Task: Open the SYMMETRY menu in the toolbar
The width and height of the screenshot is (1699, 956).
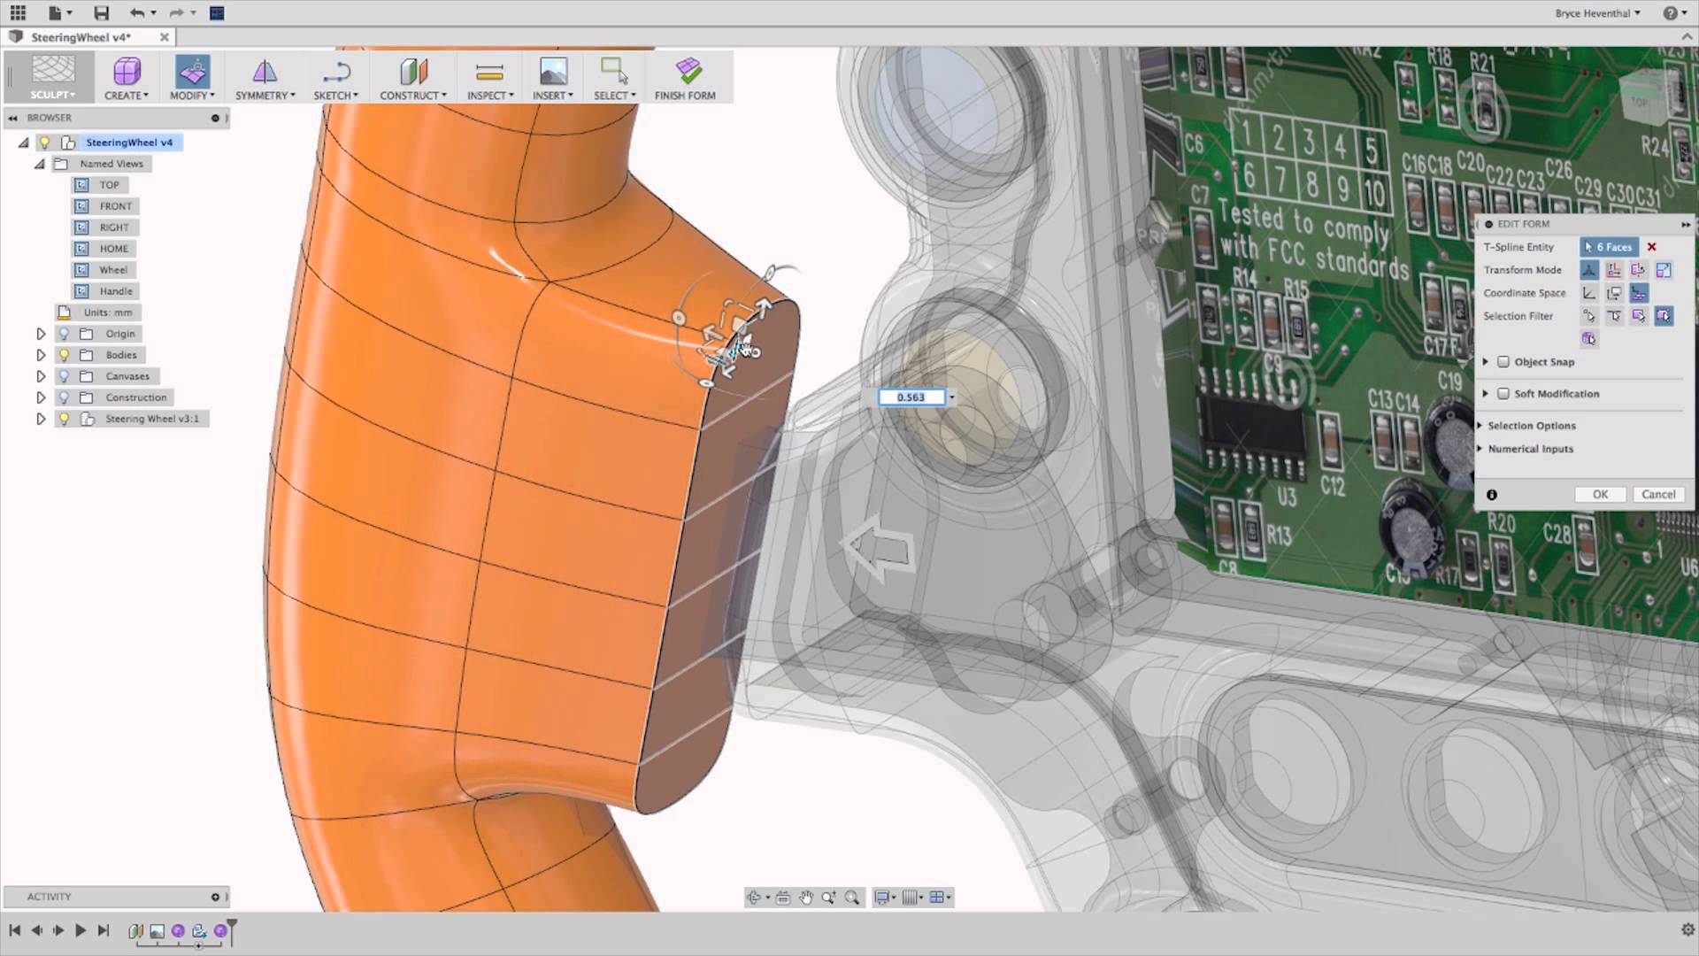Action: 265,78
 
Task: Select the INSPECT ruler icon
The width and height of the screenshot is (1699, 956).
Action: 489,72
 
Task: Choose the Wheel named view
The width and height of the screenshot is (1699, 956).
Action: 112,270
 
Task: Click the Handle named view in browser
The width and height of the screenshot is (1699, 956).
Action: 115,291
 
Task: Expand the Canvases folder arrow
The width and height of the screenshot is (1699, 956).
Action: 41,376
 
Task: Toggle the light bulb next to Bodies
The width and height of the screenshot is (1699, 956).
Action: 64,355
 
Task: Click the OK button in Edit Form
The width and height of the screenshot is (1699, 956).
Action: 1600,495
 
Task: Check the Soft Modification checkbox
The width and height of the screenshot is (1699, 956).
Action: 1503,394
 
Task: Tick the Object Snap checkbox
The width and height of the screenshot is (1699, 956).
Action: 1503,362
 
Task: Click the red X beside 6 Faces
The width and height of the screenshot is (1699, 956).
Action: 1651,247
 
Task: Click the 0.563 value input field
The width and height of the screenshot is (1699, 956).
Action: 911,397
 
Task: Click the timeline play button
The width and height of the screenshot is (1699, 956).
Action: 81,930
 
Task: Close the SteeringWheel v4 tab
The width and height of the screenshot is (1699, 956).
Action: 164,37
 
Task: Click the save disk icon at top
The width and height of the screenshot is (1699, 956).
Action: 102,13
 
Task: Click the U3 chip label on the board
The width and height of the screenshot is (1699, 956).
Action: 1287,497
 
